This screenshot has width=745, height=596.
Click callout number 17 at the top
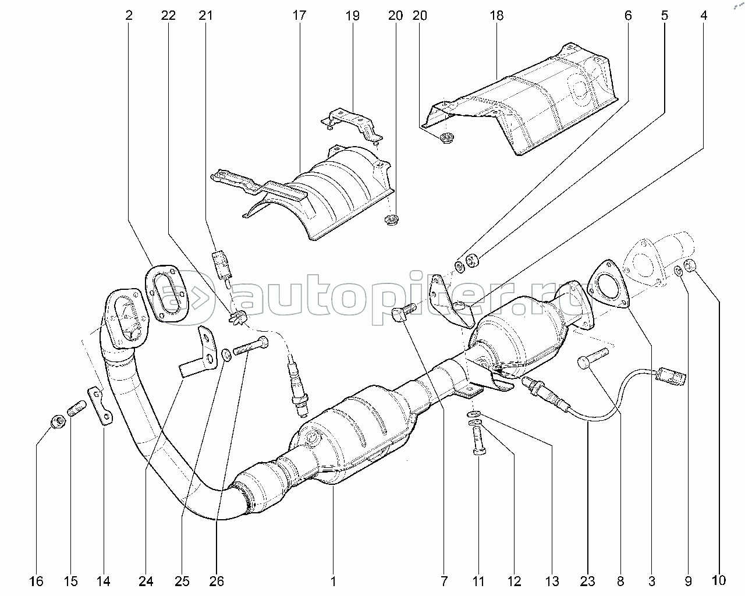[x=299, y=16]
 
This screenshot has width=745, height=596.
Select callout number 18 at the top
[x=496, y=16]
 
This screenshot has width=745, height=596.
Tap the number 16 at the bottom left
[x=36, y=581]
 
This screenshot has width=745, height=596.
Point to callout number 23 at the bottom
[x=587, y=581]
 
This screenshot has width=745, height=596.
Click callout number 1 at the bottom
[x=333, y=581]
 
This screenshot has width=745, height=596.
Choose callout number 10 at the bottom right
[x=719, y=580]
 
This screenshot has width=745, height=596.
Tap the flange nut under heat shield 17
[x=391, y=220]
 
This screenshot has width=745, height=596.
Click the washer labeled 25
[x=226, y=355]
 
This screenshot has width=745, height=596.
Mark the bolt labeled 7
[x=404, y=313]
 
